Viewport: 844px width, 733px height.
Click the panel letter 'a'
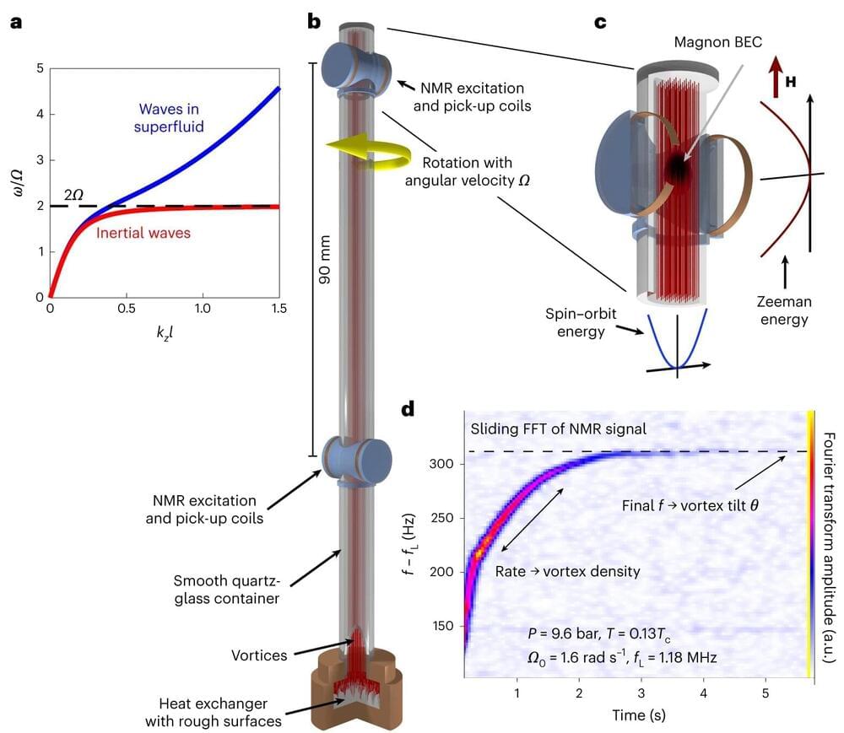click(16, 23)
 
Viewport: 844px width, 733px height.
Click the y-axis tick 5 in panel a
click(39, 69)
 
